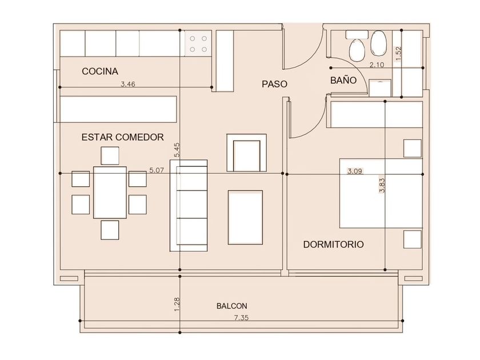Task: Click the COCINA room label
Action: (100, 71)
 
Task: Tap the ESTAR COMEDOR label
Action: (122, 137)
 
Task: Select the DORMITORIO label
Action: (333, 245)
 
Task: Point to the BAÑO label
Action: (343, 80)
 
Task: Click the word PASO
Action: (274, 84)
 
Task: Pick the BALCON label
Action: (232, 306)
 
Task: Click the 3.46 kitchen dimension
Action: (127, 84)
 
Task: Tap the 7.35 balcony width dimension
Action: (241, 318)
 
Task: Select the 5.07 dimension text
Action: (157, 170)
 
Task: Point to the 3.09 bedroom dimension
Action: (355, 171)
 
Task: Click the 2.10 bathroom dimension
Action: (377, 65)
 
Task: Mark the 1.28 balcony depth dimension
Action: (177, 305)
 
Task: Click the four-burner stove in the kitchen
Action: (198, 43)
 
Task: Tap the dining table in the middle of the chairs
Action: (110, 192)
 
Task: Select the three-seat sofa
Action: (189, 205)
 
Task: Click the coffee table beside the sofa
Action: (245, 217)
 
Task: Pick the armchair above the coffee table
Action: (246, 153)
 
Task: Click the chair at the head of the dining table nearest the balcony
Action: (110, 230)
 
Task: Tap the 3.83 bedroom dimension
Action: (382, 185)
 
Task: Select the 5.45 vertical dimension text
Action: (177, 150)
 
